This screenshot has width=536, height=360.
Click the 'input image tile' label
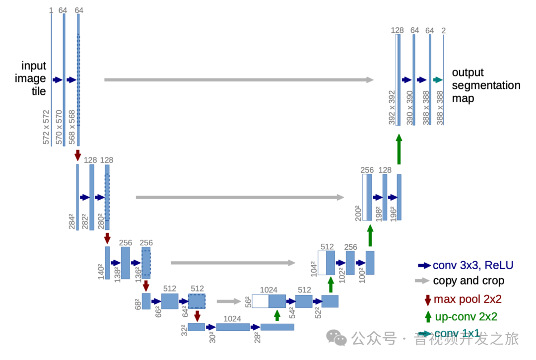coord(33,78)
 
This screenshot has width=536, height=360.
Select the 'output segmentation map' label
coord(485,85)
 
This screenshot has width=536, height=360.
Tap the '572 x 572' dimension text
coord(47,127)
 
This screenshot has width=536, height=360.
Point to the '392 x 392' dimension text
coord(392,107)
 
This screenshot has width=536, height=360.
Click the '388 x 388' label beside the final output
coord(440,107)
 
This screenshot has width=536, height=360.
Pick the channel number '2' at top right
coord(443,31)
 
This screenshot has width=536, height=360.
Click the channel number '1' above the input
coord(51,10)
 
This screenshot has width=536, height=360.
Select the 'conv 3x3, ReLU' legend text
coord(472,265)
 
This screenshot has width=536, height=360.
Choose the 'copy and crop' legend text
coord(468,281)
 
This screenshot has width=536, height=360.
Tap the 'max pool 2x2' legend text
coord(468,299)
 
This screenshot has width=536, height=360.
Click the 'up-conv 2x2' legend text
coord(466,317)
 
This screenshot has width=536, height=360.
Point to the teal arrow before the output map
coord(438,79)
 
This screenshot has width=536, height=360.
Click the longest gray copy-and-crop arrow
coord(239,79)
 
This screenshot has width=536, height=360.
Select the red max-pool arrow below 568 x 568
coord(77,154)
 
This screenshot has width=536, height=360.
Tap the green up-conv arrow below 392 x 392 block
coord(398,149)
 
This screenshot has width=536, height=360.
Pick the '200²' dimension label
coord(358,212)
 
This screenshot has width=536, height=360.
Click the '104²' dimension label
coord(313,268)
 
